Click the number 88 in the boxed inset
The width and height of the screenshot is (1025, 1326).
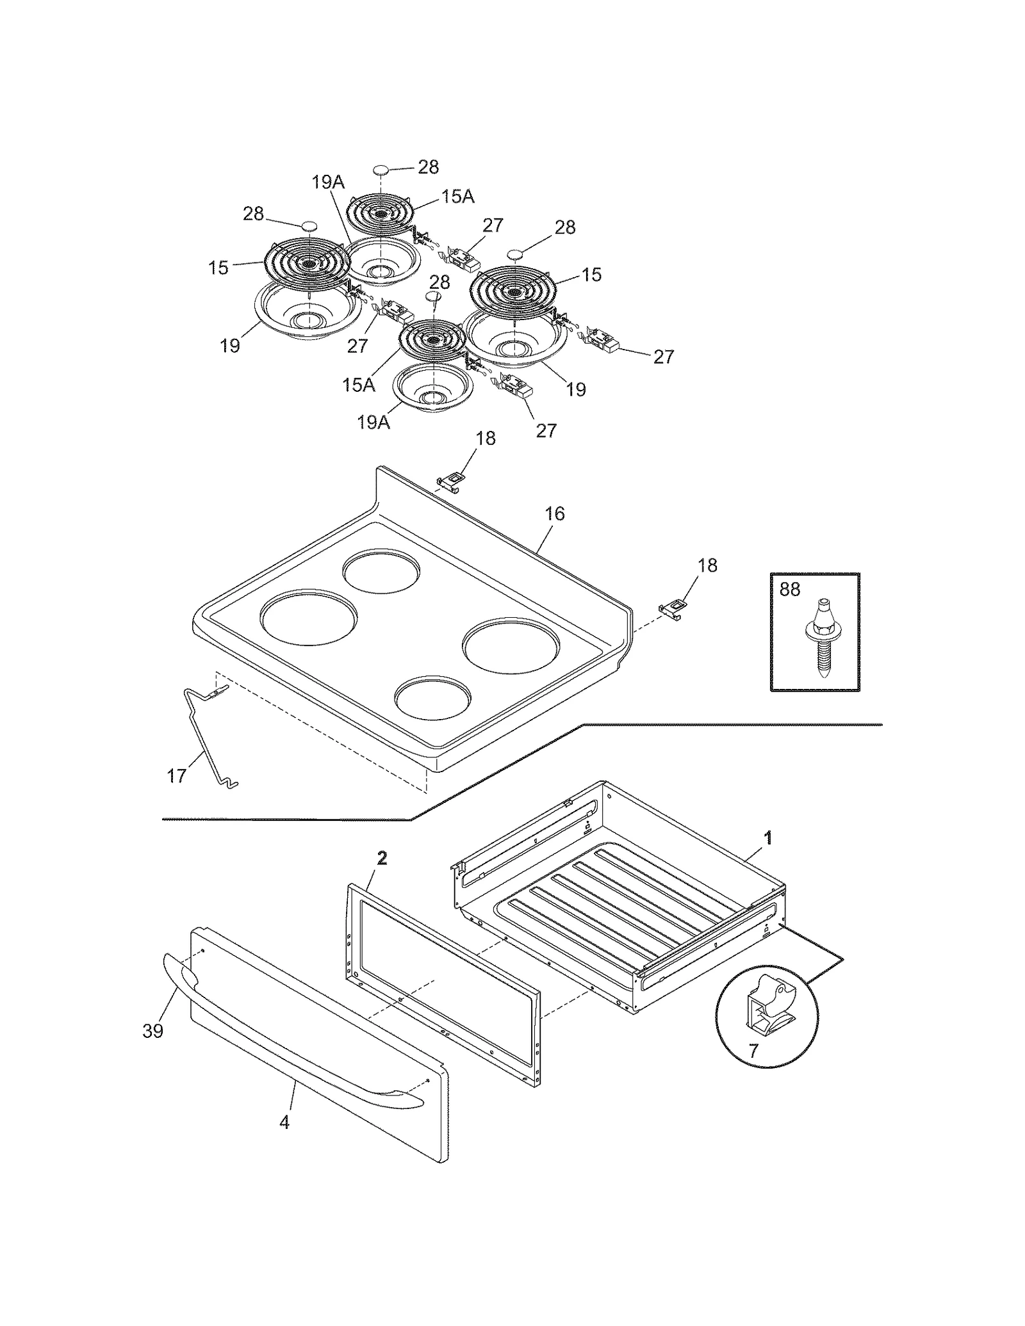[789, 589]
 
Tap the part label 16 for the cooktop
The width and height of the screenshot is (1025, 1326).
[555, 513]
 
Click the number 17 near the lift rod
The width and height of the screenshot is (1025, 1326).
[176, 776]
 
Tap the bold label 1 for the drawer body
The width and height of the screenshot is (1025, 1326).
[768, 837]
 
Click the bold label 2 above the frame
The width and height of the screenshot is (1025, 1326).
[382, 859]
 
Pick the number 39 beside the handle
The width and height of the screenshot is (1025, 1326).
[153, 1031]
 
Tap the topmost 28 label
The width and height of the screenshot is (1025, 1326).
[428, 167]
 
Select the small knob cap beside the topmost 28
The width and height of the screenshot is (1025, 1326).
[381, 170]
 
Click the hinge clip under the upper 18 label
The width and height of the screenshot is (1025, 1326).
[450, 481]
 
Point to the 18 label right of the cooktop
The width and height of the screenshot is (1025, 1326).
[707, 565]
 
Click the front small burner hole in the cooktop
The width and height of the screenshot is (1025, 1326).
[432, 698]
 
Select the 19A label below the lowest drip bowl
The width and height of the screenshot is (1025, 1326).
[373, 423]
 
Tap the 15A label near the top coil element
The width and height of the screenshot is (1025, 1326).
[457, 197]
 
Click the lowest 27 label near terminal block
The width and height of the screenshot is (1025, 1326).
[546, 430]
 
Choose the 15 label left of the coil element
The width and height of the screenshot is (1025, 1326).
[218, 268]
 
